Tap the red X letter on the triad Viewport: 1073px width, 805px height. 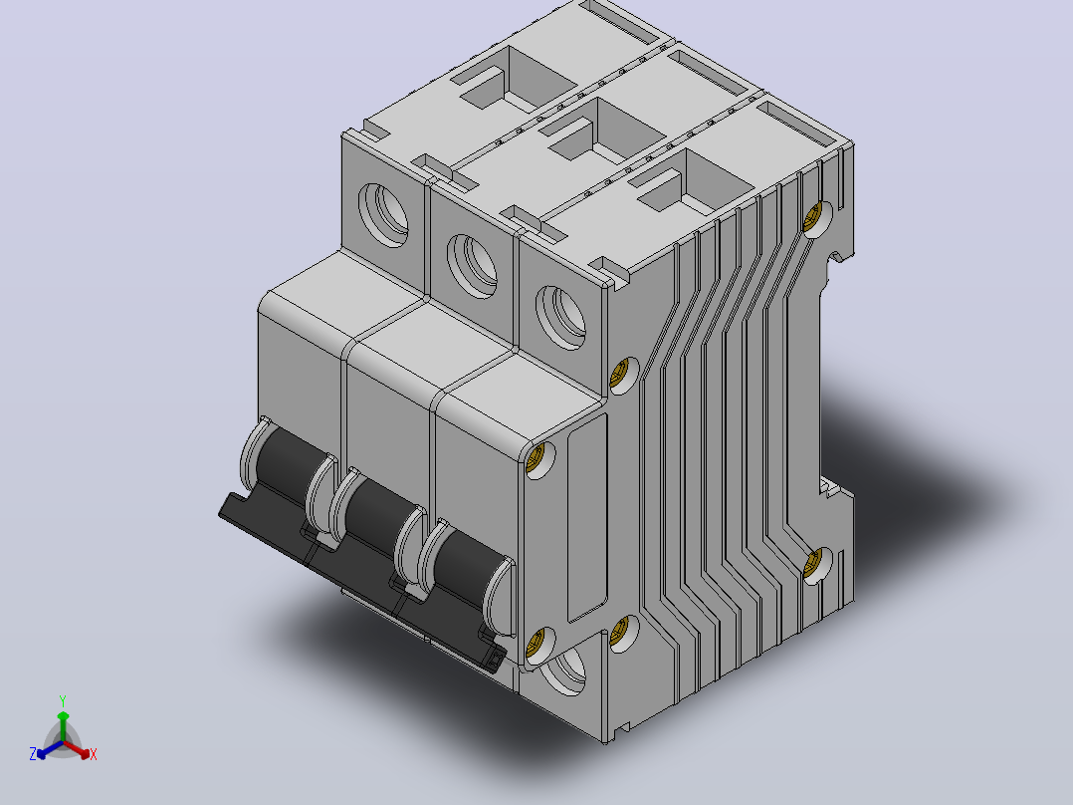pyautogui.click(x=94, y=754)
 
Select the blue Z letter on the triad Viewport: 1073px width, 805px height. pyautogui.click(x=33, y=754)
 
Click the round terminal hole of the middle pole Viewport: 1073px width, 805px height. pyautogui.click(x=472, y=266)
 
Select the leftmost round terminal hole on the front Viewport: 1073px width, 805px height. pyautogui.click(x=383, y=215)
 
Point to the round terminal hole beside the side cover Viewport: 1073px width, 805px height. pyautogui.click(x=560, y=317)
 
